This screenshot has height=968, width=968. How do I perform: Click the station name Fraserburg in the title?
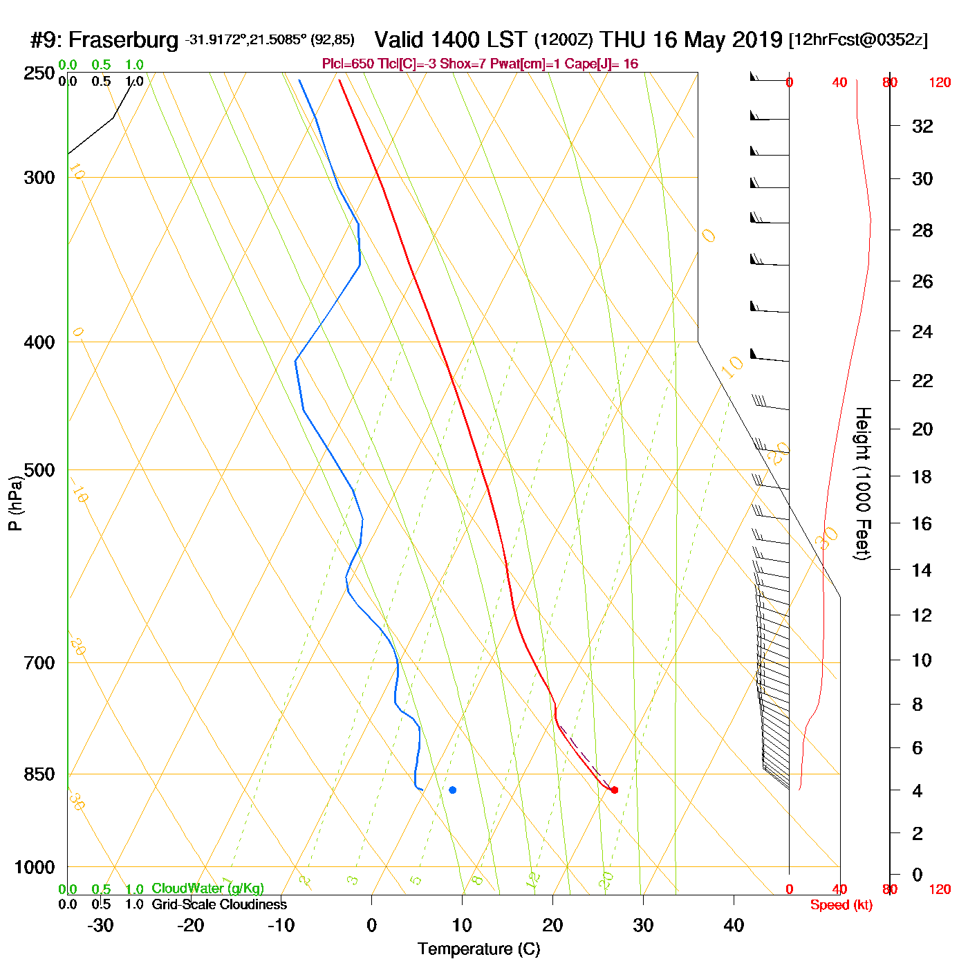(124, 40)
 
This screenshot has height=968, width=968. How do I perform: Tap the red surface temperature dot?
(614, 790)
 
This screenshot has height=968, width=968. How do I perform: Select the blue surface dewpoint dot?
(452, 790)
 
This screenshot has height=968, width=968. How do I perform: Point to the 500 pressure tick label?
(39, 470)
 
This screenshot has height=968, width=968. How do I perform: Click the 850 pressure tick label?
(39, 774)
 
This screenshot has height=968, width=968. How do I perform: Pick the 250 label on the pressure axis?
(39, 73)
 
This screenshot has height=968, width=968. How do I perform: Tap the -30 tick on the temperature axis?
(100, 925)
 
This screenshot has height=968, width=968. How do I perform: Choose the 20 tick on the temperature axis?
(552, 925)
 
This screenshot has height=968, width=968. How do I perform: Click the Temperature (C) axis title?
(478, 949)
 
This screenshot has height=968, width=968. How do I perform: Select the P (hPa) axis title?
(15, 503)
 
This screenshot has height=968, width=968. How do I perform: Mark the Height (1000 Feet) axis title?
(863, 483)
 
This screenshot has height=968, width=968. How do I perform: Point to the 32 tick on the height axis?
(922, 126)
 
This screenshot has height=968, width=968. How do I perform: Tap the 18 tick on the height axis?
(922, 476)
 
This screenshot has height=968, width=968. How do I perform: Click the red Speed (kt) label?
(841, 905)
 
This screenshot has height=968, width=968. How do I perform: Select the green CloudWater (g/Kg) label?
(207, 888)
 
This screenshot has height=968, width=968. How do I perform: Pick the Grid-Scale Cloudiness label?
(219, 904)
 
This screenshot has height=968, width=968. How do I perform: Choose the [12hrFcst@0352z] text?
(858, 40)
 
